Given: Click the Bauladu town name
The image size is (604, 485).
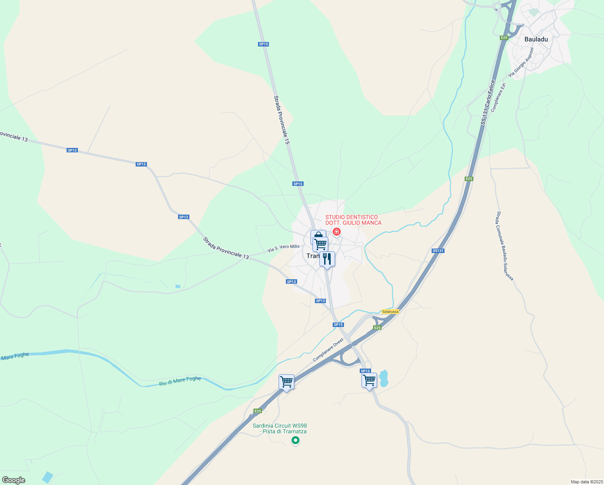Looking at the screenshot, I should click(536, 39).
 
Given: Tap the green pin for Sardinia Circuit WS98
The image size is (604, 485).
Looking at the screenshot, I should click(296, 441).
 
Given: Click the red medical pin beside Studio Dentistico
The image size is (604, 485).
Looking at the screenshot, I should click(336, 232).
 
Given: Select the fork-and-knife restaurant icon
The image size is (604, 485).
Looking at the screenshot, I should click(327, 259).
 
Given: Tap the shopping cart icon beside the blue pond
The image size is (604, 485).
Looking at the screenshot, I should click(369, 380).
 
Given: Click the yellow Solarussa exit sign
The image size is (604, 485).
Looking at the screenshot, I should click(390, 312).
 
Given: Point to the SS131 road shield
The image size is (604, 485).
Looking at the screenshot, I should click(438, 251).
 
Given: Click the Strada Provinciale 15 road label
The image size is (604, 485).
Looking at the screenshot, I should click(282, 120).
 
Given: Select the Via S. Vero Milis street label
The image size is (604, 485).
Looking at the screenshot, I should click(283, 248).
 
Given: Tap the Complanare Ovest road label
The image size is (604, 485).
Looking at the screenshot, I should click(328, 350).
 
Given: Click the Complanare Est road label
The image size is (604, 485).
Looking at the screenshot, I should click(498, 97).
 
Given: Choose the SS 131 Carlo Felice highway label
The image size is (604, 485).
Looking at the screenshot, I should click(488, 102).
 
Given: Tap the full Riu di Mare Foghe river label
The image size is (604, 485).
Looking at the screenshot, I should click(180, 381).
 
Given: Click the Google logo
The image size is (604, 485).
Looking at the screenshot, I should click(13, 480).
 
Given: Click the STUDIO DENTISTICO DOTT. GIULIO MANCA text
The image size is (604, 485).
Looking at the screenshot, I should click(353, 220).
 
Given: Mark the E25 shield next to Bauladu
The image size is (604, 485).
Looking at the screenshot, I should click(504, 38).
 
